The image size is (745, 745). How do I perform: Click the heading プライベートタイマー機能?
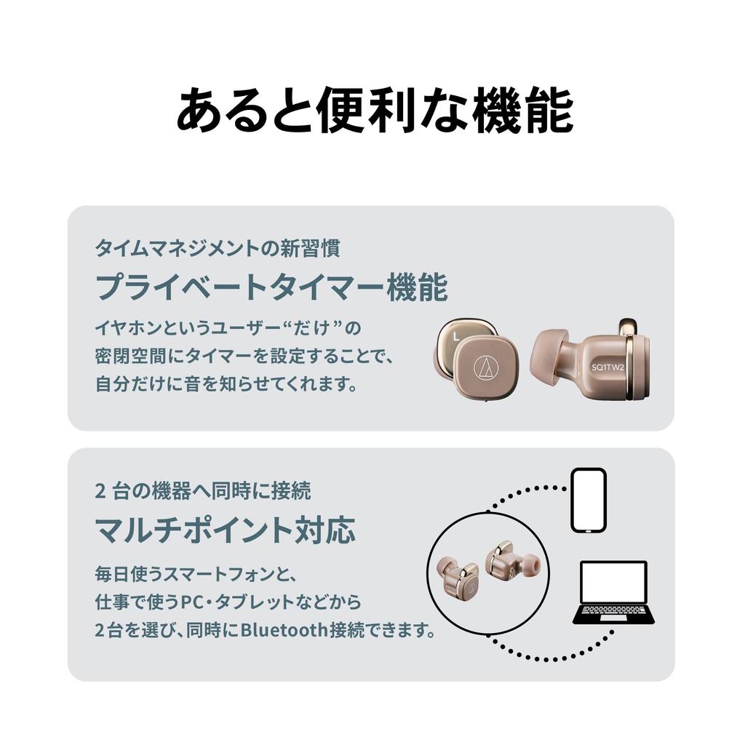pyautogui.click(x=271, y=288)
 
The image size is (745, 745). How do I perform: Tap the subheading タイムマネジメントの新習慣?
pyautogui.click(x=217, y=249)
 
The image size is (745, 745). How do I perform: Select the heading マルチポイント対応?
pyautogui.click(x=225, y=530)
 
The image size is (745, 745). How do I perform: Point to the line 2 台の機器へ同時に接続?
pyautogui.click(x=203, y=491)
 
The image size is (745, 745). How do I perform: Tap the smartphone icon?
pyautogui.click(x=588, y=501)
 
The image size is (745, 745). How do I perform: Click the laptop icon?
pyautogui.click(x=613, y=592)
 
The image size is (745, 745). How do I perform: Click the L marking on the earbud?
pyautogui.click(x=455, y=336)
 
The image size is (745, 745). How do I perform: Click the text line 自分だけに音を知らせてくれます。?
pyautogui.click(x=226, y=383)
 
